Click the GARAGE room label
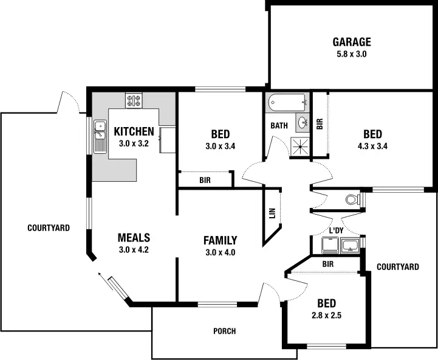[351, 42]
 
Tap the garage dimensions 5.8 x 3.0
[351, 54]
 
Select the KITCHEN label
[134, 131]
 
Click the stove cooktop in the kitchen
[134, 100]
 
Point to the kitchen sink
[100, 136]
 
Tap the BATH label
[279, 126]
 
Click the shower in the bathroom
[299, 147]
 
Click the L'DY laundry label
[337, 230]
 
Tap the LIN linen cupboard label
[272, 213]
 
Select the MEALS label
[134, 238]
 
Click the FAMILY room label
[220, 240]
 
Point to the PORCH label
[224, 331]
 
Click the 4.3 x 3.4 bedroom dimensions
[372, 146]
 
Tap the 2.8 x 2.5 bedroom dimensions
[326, 316]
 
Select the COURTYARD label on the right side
[398, 267]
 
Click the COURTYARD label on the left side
[49, 228]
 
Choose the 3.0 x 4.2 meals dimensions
[134, 249]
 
